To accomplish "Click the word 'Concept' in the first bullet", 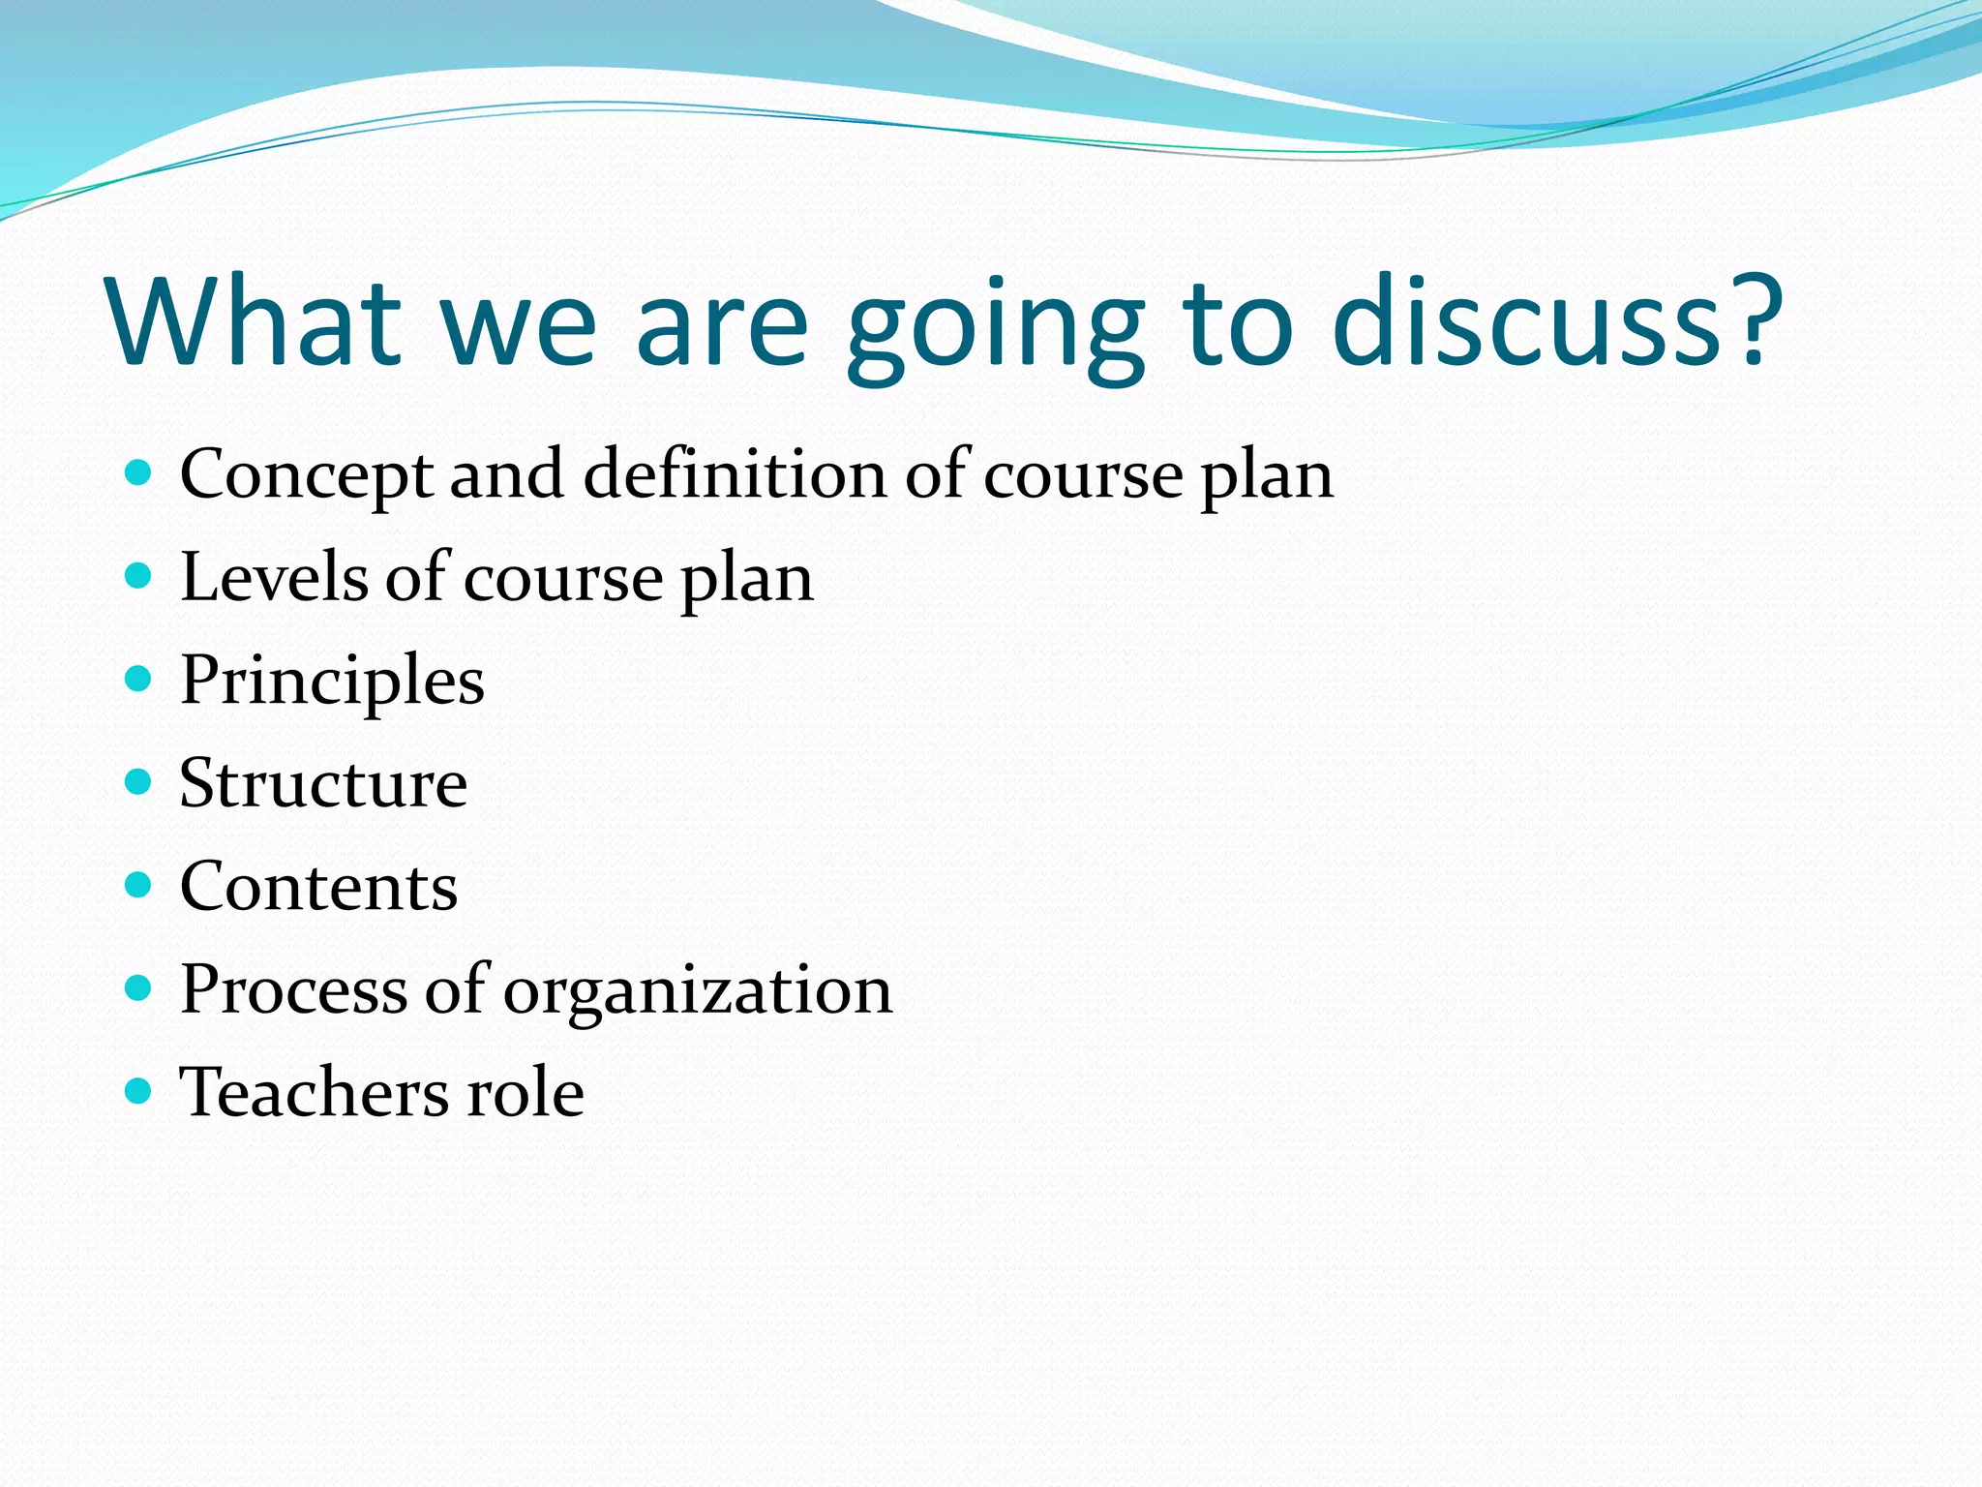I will tap(306, 475).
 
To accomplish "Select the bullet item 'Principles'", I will tap(332, 682).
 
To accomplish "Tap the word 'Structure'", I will tap(323, 783).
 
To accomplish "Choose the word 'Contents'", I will tap(318, 887).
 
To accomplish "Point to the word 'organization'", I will tap(698, 991).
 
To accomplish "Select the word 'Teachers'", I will tap(315, 1092).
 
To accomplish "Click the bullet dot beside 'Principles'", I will tap(139, 679).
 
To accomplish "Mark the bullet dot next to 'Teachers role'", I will tap(139, 1091).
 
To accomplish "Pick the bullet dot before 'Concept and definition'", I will tap(139, 472).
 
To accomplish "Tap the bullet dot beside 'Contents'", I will tap(139, 885).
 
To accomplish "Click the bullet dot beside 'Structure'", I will tap(139, 781).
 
